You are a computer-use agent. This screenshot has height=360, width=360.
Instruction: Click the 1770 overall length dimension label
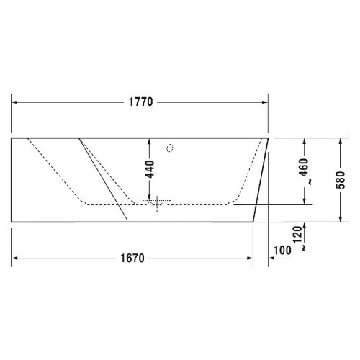click(141, 102)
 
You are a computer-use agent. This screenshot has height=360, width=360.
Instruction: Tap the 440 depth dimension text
click(148, 170)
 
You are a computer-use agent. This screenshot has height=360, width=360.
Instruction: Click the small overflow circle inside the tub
click(170, 150)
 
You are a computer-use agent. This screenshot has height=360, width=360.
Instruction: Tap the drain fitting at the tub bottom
click(156, 204)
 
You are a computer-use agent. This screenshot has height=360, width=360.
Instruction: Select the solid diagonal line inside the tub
click(104, 177)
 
